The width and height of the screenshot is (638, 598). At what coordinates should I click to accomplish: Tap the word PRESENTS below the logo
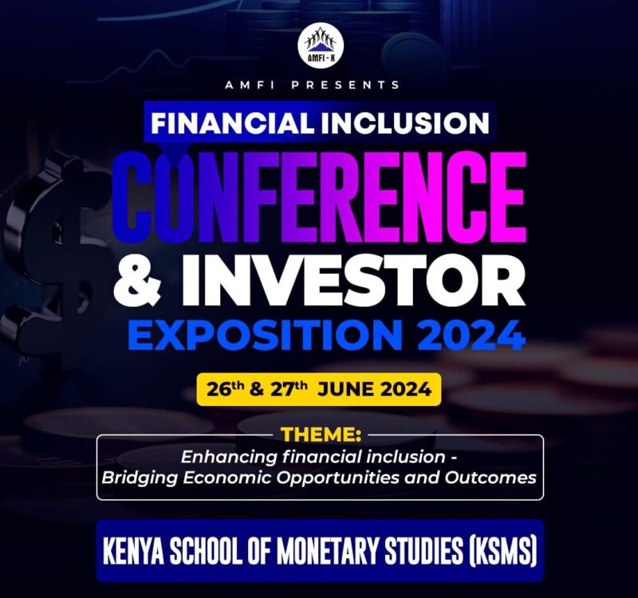[x=355, y=85]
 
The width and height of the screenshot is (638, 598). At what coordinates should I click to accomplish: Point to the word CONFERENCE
[x=319, y=195]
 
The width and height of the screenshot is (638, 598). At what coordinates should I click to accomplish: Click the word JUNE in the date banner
[x=344, y=390]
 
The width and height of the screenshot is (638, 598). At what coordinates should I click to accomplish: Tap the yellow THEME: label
[x=320, y=436]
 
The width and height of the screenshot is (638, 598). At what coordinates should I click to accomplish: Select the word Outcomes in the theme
[x=495, y=478]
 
